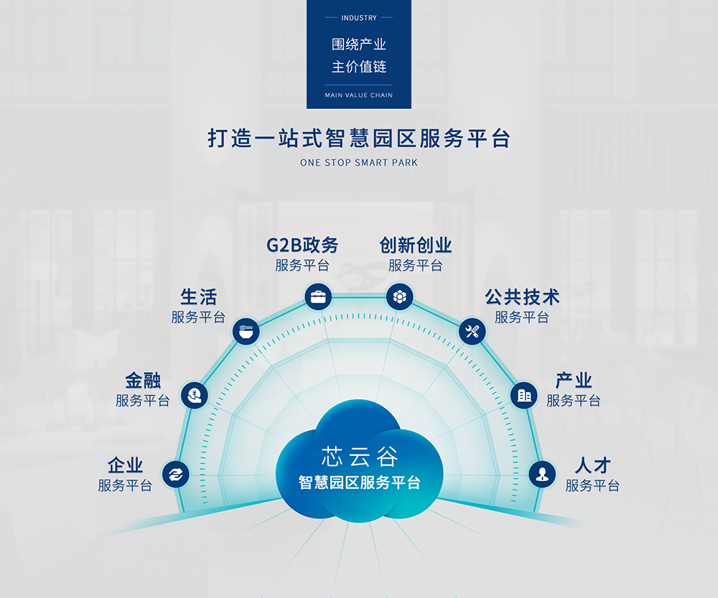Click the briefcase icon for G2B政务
click(318, 296)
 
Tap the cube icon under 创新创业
click(400, 296)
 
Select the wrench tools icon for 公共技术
click(472, 331)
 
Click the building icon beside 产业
click(524, 395)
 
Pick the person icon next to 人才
click(542, 474)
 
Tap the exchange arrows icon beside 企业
click(175, 474)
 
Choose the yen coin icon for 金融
click(195, 395)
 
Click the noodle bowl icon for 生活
click(246, 331)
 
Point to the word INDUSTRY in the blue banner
click(359, 18)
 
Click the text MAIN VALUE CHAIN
click(359, 95)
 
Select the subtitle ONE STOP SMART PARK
click(359, 162)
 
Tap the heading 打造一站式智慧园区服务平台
click(359, 139)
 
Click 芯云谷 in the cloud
click(360, 457)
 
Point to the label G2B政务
click(302, 246)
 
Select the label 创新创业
click(415, 246)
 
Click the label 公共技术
click(522, 297)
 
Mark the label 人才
click(592, 466)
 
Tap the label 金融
click(143, 380)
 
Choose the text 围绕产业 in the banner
click(359, 45)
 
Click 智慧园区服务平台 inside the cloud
click(360, 482)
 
